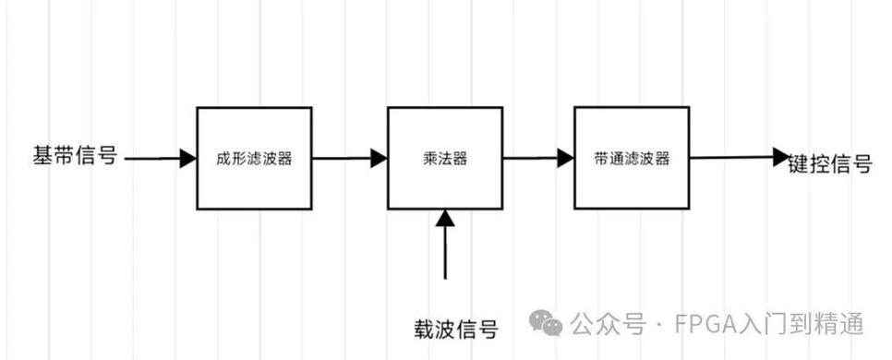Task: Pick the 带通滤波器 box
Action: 632,158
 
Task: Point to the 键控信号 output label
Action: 830,165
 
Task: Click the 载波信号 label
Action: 456,329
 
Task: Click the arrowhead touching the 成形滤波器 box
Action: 188,159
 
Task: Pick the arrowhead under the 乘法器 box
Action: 446,218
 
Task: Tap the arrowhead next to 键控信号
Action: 781,157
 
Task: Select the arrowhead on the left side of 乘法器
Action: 379,159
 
